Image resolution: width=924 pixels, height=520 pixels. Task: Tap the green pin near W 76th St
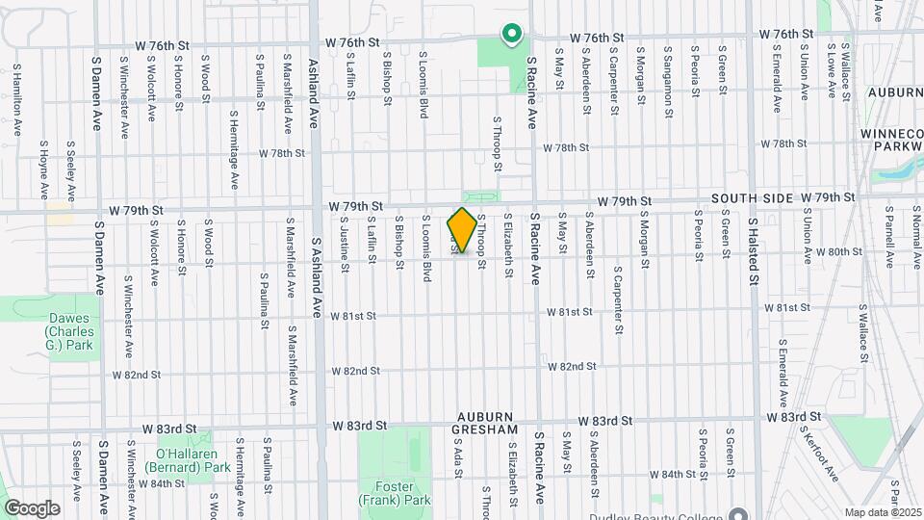pos(512,36)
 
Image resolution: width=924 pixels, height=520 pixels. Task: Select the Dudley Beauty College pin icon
pos(738,513)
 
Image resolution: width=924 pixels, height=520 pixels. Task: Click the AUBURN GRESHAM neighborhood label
pos(487,422)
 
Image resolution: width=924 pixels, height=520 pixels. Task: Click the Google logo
pos(32,507)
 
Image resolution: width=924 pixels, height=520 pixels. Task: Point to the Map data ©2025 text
pos(884,512)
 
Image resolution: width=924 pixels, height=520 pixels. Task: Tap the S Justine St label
pos(344,242)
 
